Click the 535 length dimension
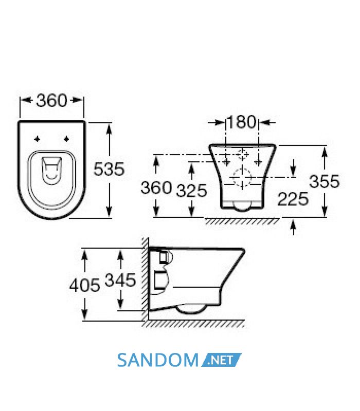(x=109, y=169)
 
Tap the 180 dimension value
(x=242, y=122)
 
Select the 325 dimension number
(x=191, y=191)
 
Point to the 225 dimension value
(x=293, y=199)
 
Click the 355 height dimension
(x=325, y=181)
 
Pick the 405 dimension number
(x=84, y=285)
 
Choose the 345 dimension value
(x=120, y=279)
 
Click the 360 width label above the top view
(x=52, y=100)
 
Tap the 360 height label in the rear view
(x=156, y=188)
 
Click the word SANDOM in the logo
(x=158, y=360)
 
